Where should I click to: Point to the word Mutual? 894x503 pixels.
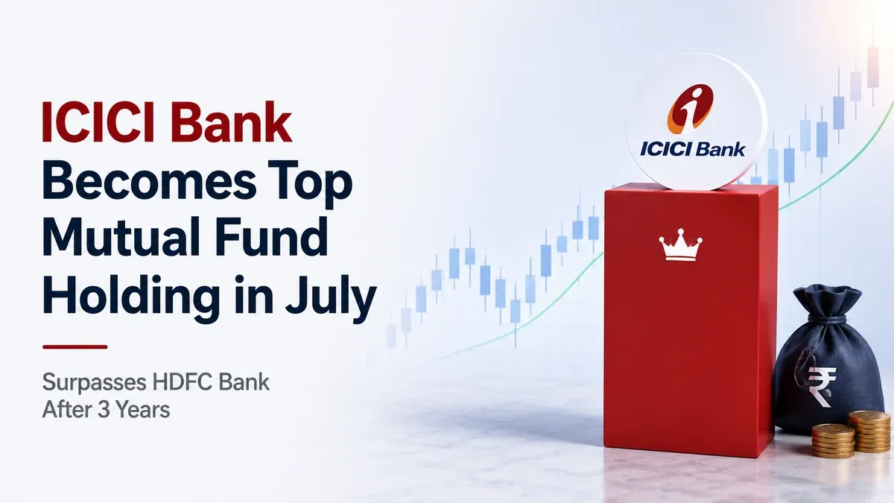[121, 238]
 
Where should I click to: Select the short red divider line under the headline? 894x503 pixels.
[75, 347]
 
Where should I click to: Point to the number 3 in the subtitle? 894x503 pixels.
[104, 410]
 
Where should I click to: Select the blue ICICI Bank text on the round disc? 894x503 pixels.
[692, 150]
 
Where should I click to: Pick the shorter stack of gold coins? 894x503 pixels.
[833, 440]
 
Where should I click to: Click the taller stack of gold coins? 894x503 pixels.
[869, 431]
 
